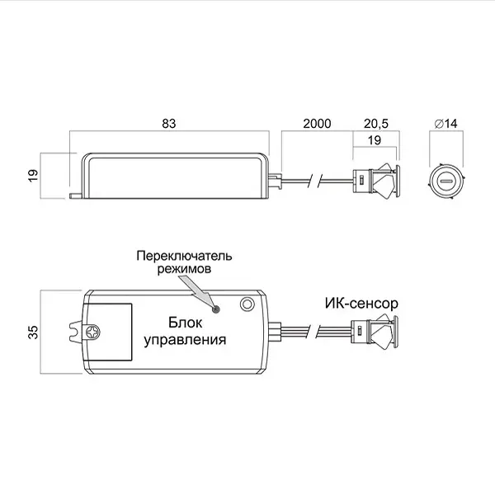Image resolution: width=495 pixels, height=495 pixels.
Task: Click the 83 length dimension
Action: click(169, 124)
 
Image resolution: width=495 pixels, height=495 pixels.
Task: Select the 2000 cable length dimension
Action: click(317, 124)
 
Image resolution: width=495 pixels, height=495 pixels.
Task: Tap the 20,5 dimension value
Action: click(376, 124)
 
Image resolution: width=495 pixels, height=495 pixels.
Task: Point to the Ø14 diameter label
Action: click(445, 124)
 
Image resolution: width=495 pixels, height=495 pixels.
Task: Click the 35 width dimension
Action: click(33, 332)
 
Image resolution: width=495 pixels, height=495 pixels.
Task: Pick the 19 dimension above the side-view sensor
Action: click(375, 140)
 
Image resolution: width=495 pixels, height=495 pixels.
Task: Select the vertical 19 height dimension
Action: click(33, 175)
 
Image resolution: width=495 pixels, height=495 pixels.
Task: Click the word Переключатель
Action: click(184, 256)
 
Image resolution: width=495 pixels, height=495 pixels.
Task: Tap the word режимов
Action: click(184, 269)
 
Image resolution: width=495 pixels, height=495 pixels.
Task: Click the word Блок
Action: click(185, 323)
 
